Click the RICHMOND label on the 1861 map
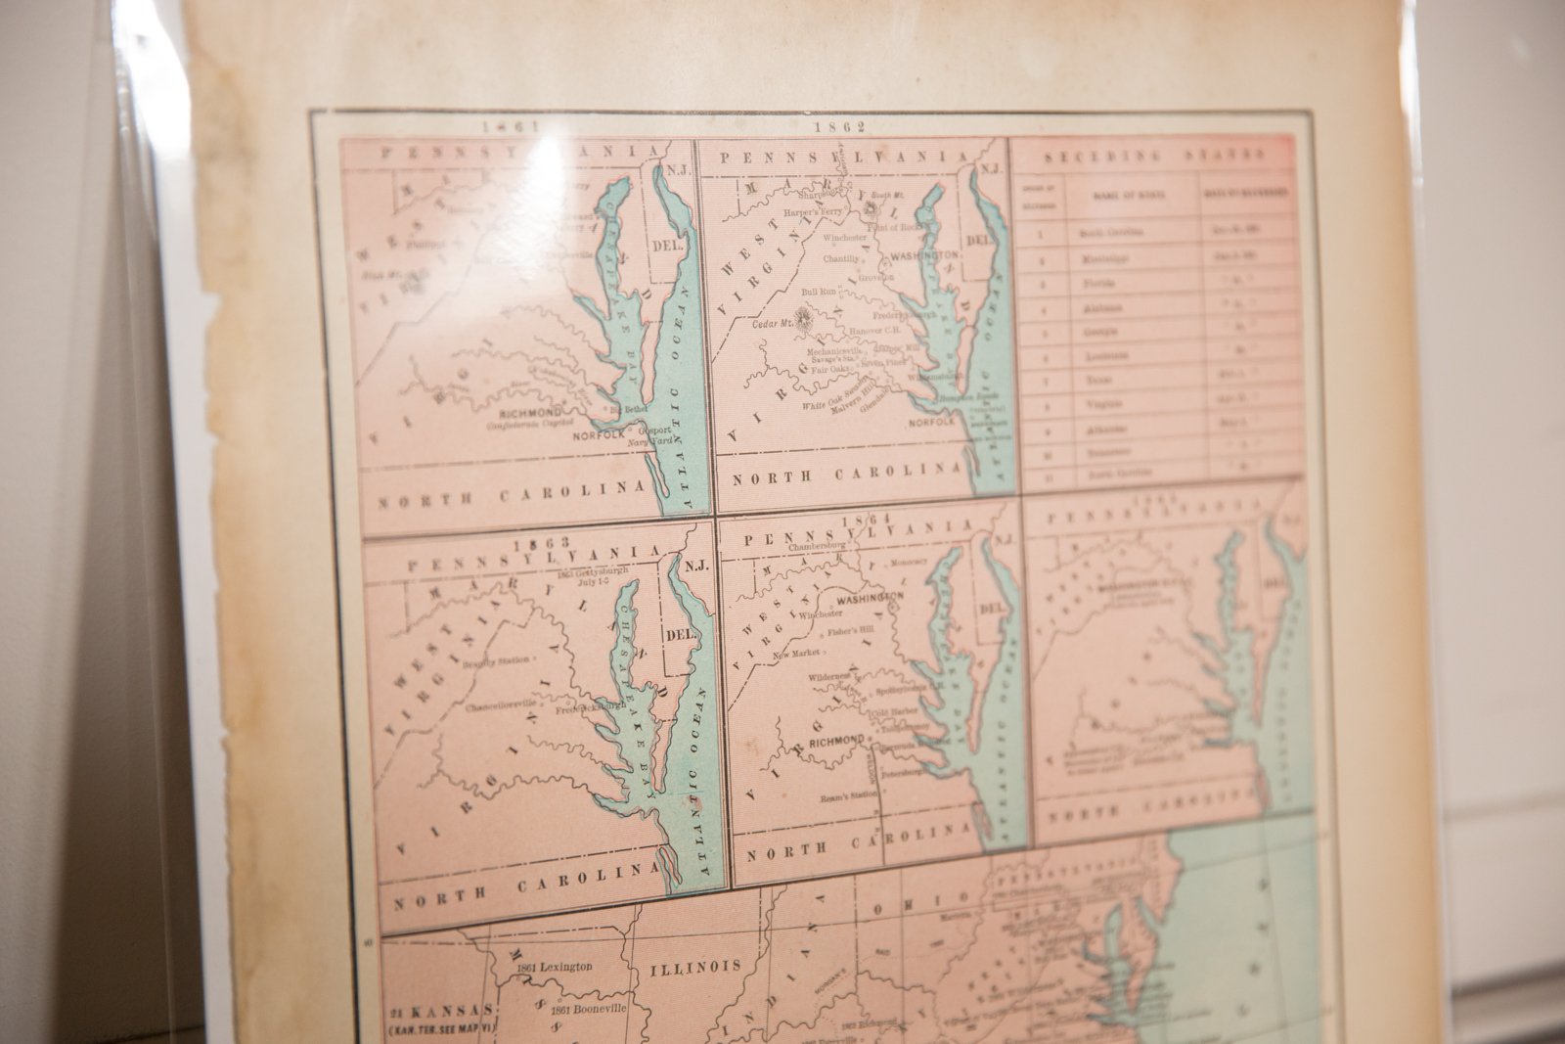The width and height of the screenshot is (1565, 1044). pyautogui.click(x=529, y=412)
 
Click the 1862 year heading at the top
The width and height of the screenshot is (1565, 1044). pyautogui.click(x=827, y=125)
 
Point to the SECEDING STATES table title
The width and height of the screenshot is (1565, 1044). pyautogui.click(x=1153, y=156)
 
